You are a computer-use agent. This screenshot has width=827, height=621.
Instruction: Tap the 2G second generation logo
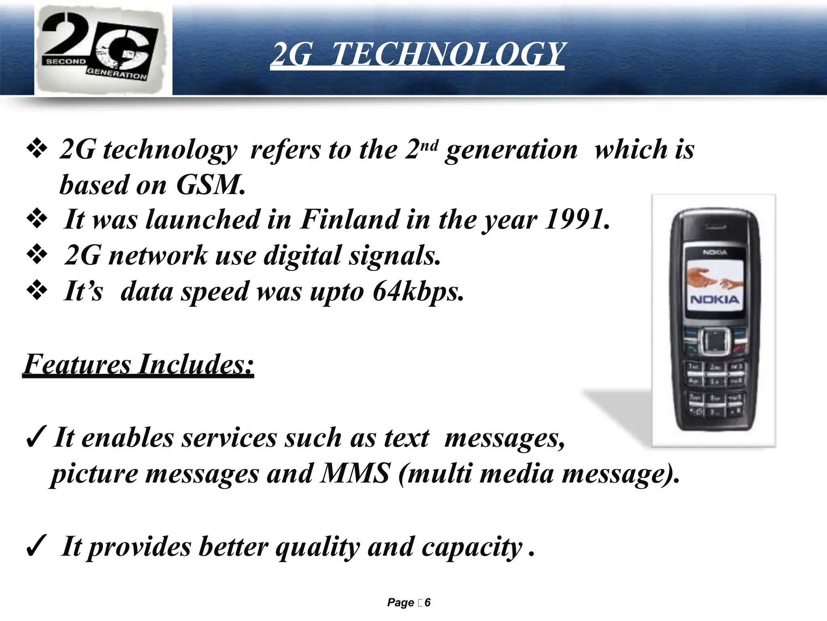click(103, 49)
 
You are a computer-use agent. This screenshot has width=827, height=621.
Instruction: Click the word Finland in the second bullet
click(350, 220)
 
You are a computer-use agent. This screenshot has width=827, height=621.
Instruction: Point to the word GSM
click(210, 185)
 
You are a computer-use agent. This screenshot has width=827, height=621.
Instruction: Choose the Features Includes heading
click(139, 364)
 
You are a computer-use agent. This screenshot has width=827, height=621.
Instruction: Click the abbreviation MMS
click(355, 473)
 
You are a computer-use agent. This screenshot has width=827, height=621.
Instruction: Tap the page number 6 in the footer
click(428, 602)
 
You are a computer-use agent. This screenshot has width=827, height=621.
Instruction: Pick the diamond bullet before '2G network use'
click(37, 255)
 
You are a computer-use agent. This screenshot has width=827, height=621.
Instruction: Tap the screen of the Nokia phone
click(715, 285)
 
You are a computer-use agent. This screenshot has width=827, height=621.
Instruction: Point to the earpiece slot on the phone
click(715, 227)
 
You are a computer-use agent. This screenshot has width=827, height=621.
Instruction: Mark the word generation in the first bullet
click(511, 150)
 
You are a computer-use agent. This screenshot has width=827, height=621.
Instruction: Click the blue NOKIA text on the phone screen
click(715, 300)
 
